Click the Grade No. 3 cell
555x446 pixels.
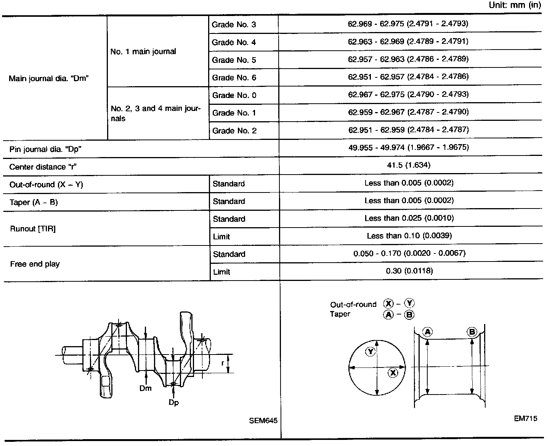(234, 25)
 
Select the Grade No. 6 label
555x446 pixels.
(234, 78)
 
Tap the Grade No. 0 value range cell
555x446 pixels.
(408, 94)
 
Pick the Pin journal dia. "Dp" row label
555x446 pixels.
(45, 149)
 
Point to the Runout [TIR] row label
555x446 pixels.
(33, 229)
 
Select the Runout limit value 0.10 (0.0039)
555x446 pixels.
(409, 236)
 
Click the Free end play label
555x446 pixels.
(35, 264)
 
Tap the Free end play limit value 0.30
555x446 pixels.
(409, 271)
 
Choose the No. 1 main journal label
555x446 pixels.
(143, 51)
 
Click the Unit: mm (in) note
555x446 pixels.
(515, 6)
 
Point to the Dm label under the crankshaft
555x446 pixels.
(146, 388)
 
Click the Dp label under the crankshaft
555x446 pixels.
(174, 402)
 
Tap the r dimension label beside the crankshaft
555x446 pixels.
(223, 363)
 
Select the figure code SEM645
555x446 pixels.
(263, 421)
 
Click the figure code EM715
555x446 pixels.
(525, 419)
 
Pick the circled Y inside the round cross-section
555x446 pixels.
(370, 351)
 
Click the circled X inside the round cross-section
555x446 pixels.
(393, 373)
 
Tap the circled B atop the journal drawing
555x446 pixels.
(472, 332)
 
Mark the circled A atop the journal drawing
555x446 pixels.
(427, 332)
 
